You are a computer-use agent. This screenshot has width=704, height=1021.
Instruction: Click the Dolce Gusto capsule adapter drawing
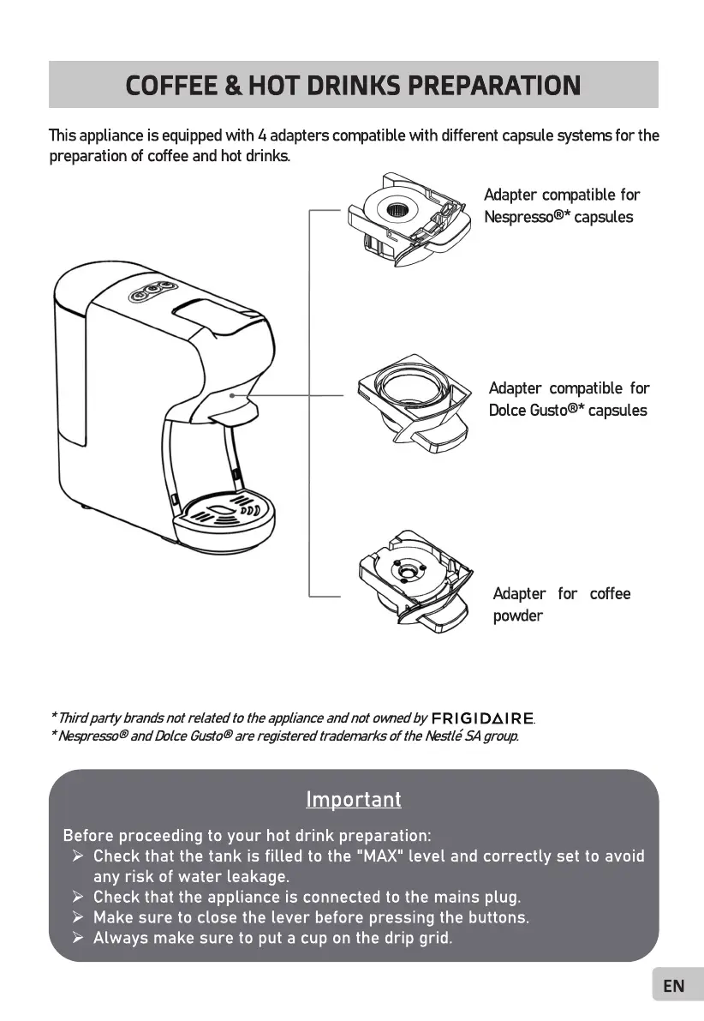click(x=414, y=402)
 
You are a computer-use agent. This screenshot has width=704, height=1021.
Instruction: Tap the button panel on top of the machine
click(x=148, y=291)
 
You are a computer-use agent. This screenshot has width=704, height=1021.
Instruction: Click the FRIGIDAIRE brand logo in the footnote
click(x=482, y=718)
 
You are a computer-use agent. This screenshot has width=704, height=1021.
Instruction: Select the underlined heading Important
click(x=353, y=800)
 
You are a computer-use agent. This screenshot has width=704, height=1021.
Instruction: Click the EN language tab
click(x=674, y=986)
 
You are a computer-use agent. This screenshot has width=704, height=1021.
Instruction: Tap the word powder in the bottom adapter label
click(x=517, y=616)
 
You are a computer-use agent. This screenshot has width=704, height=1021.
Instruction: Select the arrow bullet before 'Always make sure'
click(x=77, y=938)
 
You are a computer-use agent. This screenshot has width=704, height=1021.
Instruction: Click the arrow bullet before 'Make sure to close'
click(x=77, y=917)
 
